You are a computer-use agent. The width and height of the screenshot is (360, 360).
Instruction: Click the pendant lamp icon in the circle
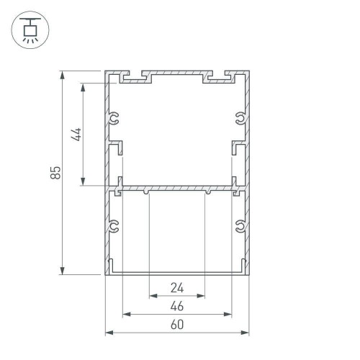(x=30, y=30)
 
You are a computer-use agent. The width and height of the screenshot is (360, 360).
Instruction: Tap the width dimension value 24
(x=176, y=288)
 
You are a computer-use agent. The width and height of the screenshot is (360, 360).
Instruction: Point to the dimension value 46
(x=176, y=306)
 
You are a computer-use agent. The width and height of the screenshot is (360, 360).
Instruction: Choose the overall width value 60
(x=176, y=325)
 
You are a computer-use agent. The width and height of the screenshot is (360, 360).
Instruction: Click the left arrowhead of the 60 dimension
(x=110, y=333)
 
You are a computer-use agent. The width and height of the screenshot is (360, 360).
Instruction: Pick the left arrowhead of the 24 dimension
(x=153, y=295)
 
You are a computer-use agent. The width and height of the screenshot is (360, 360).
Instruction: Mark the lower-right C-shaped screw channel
(x=240, y=228)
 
